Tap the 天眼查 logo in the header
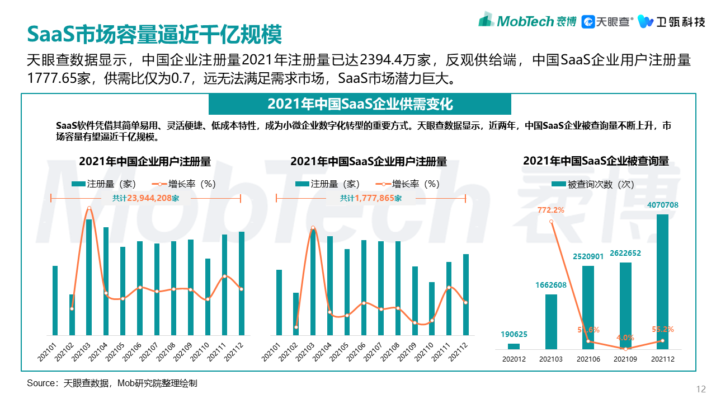coord(607,22)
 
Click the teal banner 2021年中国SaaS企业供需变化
coord(360,104)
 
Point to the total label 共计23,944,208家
coord(145,198)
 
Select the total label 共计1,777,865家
coord(370,198)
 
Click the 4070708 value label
coord(662,205)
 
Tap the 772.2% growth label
coord(550,210)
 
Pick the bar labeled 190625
coord(514,346)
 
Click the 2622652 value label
coord(625,253)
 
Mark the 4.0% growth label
coord(625,338)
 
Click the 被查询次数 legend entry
coord(593,184)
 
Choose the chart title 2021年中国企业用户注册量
coord(145,162)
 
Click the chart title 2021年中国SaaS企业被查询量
coord(596,161)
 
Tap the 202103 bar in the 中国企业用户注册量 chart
coord(88,277)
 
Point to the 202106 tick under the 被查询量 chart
coord(588,359)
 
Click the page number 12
coord(701,390)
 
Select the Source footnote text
coord(112,383)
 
